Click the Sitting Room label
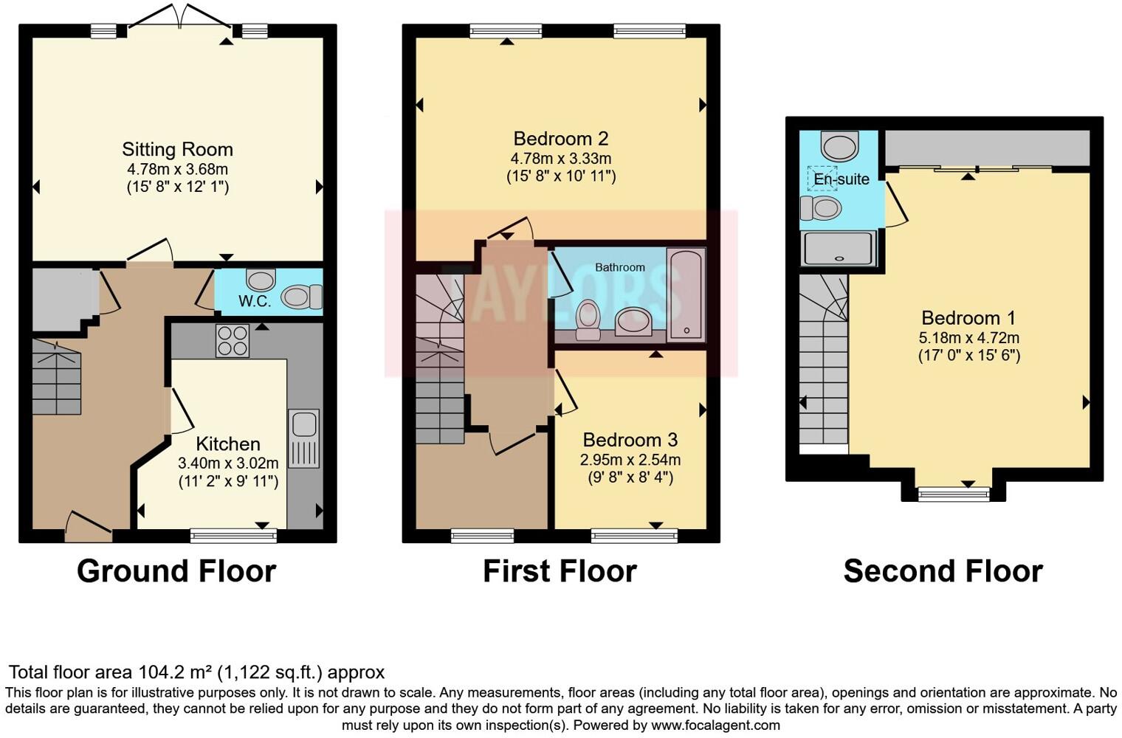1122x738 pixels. pos(177,150)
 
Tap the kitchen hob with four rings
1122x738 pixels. pos(232,341)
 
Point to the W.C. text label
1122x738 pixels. pos(255,301)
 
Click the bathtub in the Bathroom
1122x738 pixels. pos(686,294)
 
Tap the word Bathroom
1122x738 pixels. pos(620,267)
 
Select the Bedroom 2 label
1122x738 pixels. pos(561,139)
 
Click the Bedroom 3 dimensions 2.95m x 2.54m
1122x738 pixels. pos(630,460)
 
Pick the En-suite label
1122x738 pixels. pos(841,179)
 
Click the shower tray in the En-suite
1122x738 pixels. pos(839,248)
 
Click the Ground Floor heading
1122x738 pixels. pos(176,571)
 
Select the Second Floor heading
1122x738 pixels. pos(943,571)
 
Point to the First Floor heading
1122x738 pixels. pos(560,571)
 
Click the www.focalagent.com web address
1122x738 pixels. pos(715,725)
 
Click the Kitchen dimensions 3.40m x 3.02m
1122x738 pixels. pos(228,463)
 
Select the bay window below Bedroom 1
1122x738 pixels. pos(953,493)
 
